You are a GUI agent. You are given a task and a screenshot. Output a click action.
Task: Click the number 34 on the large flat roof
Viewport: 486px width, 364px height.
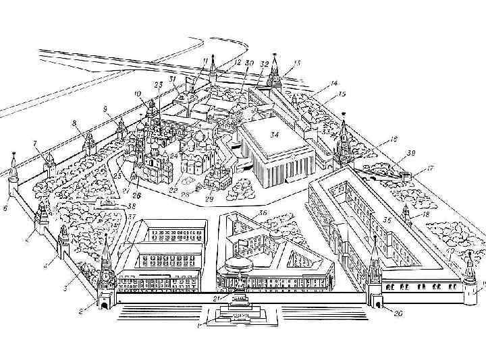(x=274, y=135)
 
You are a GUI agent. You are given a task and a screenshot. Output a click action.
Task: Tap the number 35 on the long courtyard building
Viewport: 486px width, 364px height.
(x=387, y=220)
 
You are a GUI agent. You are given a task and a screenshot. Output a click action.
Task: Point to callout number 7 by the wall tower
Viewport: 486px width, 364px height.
(x=34, y=144)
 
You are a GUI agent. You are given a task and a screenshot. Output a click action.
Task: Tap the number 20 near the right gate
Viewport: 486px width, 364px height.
(x=398, y=313)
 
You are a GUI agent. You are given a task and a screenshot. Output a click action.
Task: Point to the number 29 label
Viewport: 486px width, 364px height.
(x=209, y=199)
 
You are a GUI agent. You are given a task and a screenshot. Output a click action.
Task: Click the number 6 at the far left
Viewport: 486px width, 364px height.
(x=5, y=208)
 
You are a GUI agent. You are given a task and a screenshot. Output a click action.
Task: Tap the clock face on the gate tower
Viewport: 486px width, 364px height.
(x=107, y=276)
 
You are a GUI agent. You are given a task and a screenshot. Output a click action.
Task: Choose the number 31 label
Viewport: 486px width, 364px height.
(x=173, y=80)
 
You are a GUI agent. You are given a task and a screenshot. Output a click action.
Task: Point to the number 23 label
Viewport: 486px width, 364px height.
(x=159, y=85)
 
